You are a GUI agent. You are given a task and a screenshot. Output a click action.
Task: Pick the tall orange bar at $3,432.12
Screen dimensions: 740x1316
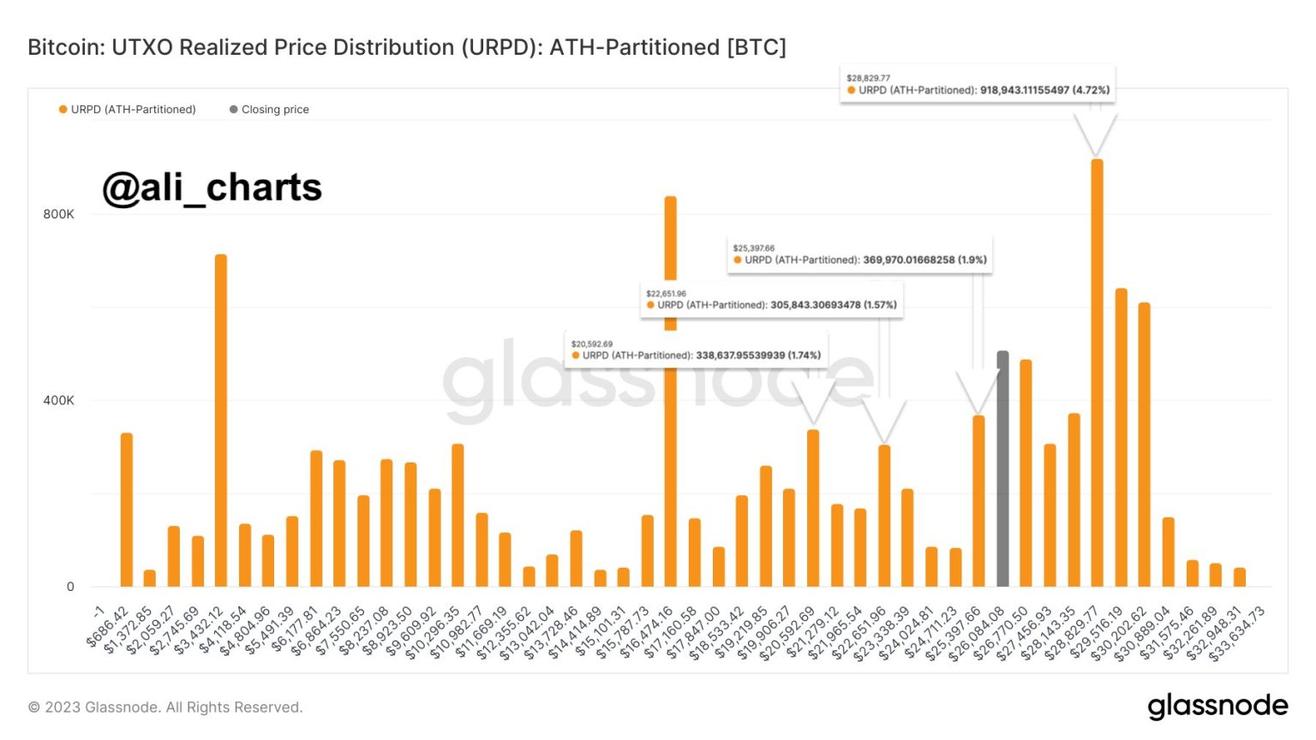221,421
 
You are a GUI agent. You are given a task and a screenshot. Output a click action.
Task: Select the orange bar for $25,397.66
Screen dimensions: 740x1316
978,501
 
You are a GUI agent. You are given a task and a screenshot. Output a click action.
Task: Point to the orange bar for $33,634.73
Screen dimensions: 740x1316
1239,577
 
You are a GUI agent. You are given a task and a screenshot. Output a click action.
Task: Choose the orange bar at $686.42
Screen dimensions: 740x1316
127,510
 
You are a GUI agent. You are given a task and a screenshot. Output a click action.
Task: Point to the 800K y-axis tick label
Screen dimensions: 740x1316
58,214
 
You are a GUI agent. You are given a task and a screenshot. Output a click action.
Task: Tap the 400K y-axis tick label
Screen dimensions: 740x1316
58,400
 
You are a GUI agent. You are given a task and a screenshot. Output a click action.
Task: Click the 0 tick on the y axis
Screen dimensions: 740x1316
70,587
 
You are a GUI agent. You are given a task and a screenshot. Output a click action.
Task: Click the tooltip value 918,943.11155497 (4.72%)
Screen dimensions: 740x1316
1044,90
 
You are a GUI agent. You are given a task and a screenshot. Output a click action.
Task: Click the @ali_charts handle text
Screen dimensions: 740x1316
212,188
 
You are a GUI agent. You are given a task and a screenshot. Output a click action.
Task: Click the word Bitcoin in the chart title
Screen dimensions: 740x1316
63,47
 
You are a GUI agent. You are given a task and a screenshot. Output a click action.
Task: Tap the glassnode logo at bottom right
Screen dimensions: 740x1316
1217,707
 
